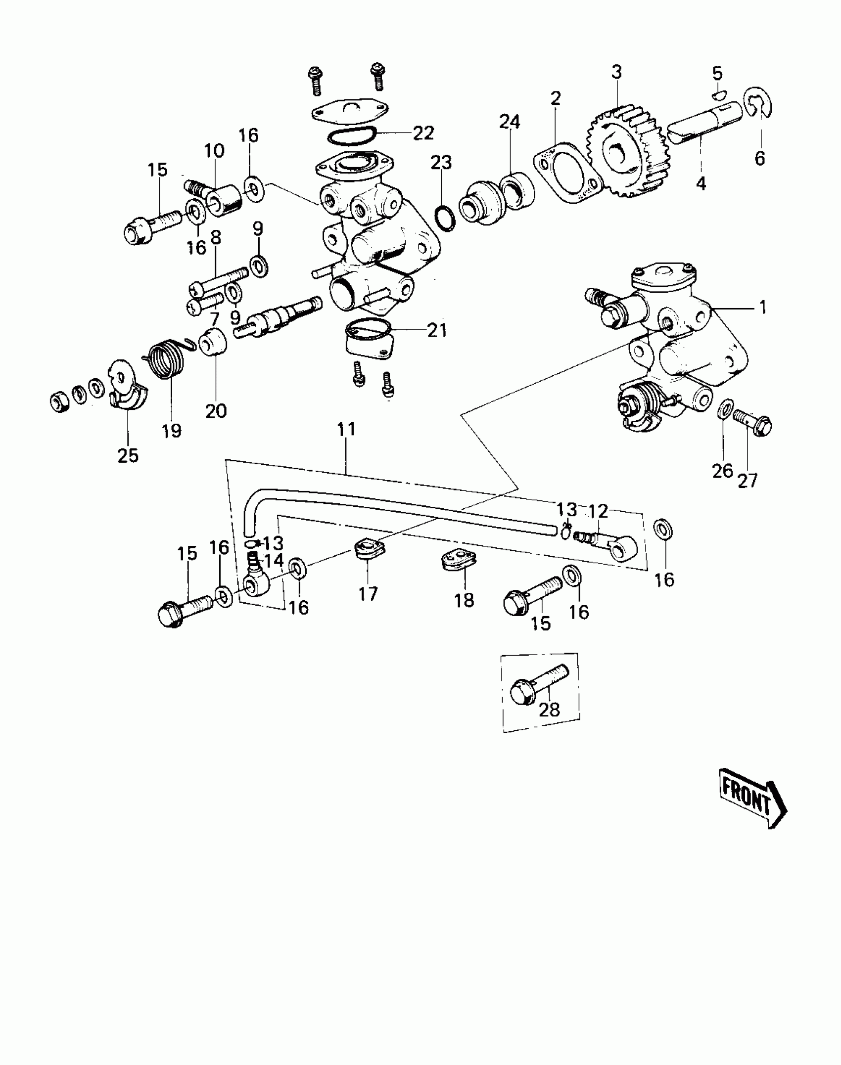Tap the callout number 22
click(x=423, y=133)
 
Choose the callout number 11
click(x=346, y=429)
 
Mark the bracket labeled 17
click(x=369, y=550)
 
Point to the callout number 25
click(x=128, y=455)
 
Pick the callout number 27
click(x=748, y=480)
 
